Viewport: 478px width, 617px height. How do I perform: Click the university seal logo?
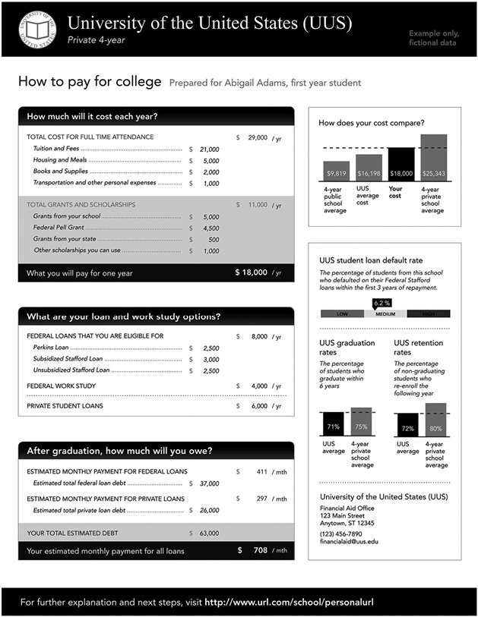33,29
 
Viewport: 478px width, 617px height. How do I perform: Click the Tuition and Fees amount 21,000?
209,150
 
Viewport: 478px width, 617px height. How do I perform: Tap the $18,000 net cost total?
251,272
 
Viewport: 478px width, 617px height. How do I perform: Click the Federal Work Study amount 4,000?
259,386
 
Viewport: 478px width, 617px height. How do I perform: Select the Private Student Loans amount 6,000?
259,406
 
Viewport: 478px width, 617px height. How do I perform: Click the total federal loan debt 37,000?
209,483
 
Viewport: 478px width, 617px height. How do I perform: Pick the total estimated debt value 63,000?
209,533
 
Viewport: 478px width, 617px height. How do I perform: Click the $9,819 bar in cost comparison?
336,172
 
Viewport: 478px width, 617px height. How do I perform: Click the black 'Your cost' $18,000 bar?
400,165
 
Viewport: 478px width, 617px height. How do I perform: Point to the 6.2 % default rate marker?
382,303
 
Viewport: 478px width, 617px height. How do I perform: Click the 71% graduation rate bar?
333,425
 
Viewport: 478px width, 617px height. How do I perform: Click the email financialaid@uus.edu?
349,542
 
